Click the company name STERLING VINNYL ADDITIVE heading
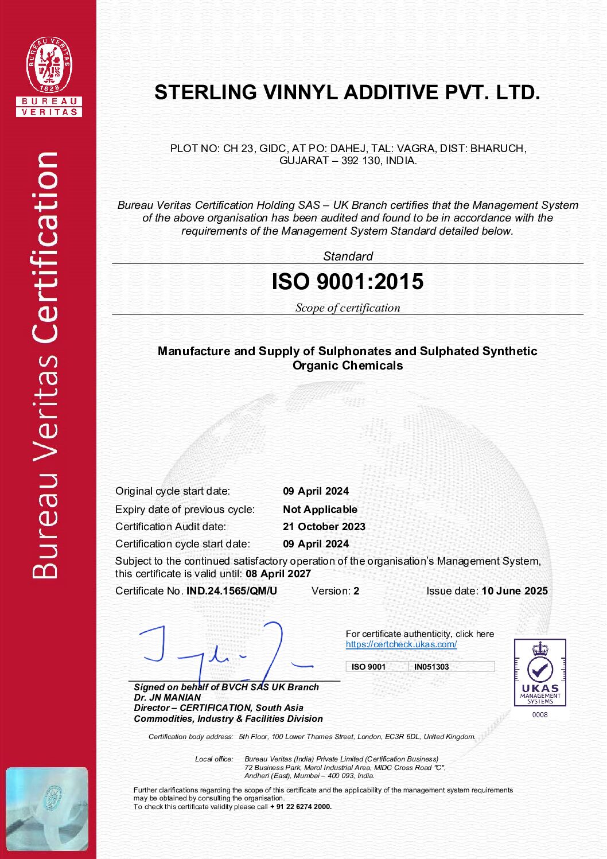(x=347, y=92)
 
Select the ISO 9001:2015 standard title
(x=347, y=282)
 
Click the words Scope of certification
(x=347, y=308)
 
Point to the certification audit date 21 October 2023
(x=324, y=527)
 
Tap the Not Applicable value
(x=320, y=510)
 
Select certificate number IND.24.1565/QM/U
(x=231, y=591)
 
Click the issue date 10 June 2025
(x=515, y=591)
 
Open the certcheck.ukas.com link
(x=401, y=644)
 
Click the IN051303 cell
(x=431, y=667)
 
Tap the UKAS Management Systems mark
(x=540, y=672)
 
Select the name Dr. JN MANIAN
(x=168, y=698)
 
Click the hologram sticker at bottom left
(x=47, y=809)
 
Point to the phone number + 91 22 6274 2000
(x=301, y=807)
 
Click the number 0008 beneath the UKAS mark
(x=540, y=715)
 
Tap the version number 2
(x=356, y=591)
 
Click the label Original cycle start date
(x=172, y=491)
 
